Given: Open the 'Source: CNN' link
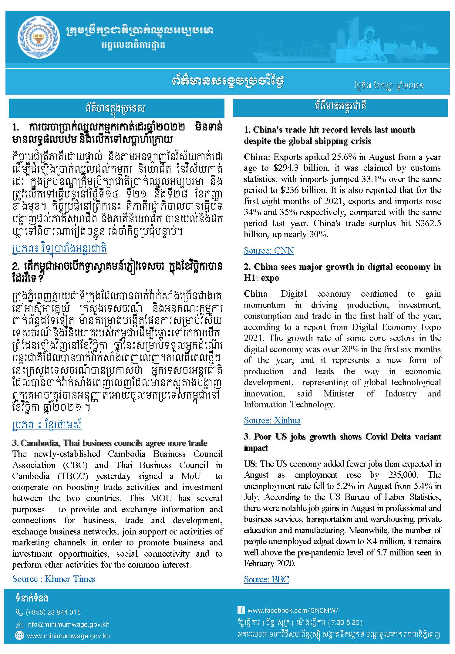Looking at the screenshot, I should [x=269, y=251].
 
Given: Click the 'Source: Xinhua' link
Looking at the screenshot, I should [x=272, y=420].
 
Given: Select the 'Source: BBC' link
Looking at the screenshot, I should [x=266, y=579].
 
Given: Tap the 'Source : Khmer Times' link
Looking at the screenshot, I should [x=54, y=579].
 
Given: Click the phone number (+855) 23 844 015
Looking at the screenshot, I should [x=53, y=612].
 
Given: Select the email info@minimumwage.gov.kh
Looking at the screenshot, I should [x=68, y=625].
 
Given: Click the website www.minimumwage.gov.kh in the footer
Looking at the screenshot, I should [x=68, y=636].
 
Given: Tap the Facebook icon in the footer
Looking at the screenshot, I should [x=241, y=610].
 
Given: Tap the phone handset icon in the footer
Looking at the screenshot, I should [x=19, y=612].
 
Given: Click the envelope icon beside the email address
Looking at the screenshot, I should [x=19, y=625].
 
